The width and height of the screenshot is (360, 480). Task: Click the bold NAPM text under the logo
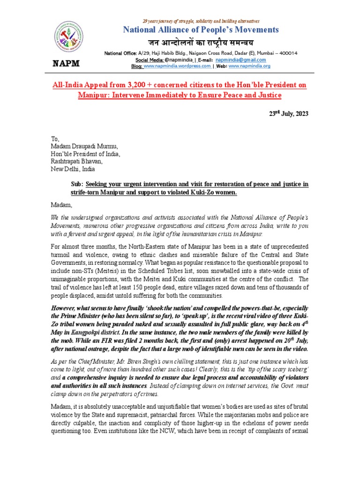(x=68, y=63)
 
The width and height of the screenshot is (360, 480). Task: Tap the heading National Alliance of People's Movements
(x=200, y=30)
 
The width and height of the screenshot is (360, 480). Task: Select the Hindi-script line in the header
(x=200, y=43)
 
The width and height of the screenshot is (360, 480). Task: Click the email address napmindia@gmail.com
(x=240, y=60)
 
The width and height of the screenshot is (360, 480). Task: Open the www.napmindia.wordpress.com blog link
(x=177, y=66)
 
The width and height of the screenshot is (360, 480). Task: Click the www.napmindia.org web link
(x=249, y=66)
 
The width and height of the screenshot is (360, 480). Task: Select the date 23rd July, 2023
(x=288, y=114)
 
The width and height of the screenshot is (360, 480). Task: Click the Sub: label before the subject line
(x=77, y=184)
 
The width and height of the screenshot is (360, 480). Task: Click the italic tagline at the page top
(x=200, y=21)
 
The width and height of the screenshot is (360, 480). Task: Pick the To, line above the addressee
(x=55, y=138)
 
